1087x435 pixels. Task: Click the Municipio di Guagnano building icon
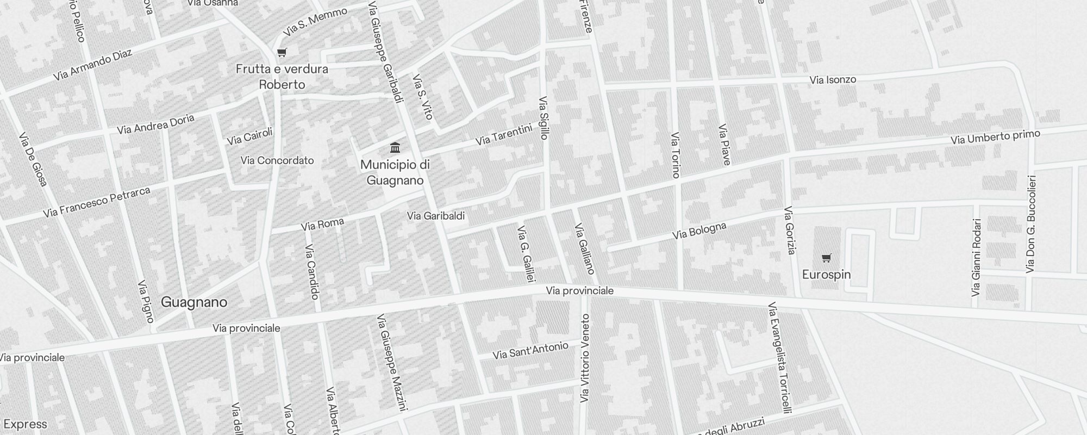click(395, 147)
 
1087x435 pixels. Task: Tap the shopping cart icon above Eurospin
click(826, 258)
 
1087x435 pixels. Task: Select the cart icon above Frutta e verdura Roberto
click(282, 53)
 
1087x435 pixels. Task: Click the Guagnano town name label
click(194, 302)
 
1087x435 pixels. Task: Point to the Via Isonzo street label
click(833, 80)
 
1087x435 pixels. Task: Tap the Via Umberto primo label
click(995, 137)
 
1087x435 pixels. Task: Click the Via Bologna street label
click(699, 231)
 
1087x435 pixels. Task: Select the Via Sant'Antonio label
click(530, 351)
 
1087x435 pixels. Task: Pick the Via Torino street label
click(676, 155)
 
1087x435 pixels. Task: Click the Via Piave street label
click(724, 144)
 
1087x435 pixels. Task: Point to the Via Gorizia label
click(790, 230)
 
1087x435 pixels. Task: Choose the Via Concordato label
click(277, 160)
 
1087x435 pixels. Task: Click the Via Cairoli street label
click(249, 136)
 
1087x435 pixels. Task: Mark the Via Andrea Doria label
click(155, 124)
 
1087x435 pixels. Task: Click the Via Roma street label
click(322, 224)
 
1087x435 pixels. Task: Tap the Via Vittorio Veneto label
click(585, 358)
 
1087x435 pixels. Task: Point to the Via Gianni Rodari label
click(976, 257)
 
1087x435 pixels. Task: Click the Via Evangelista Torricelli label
click(779, 357)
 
